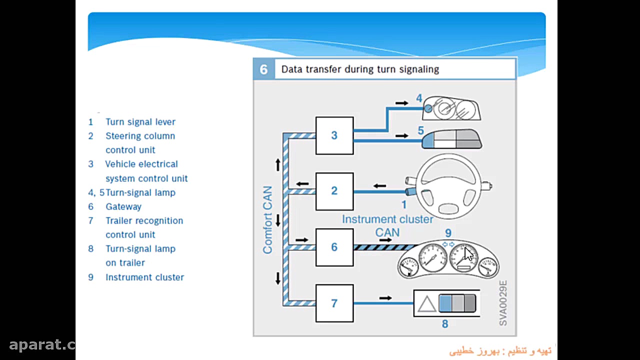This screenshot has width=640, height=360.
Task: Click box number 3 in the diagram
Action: [x=334, y=135]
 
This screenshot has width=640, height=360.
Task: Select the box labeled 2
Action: [x=334, y=191]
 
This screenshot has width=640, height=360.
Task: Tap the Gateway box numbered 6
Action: [x=334, y=247]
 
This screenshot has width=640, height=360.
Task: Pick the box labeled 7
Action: [x=334, y=303]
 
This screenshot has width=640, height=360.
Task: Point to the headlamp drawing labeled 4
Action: [x=451, y=108]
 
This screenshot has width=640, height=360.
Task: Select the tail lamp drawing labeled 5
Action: [x=452, y=139]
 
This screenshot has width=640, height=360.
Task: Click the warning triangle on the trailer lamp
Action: [x=427, y=304]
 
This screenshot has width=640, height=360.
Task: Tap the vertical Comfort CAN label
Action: [x=267, y=220]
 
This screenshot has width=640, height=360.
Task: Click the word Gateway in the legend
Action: [x=123, y=206]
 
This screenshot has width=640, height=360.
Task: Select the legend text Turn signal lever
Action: [x=140, y=122]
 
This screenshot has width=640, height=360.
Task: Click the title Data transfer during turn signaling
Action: [x=360, y=69]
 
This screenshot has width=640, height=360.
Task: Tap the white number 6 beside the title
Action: [x=263, y=69]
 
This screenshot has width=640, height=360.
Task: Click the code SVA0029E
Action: [x=503, y=303]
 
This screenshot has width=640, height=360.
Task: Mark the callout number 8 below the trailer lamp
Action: [x=445, y=323]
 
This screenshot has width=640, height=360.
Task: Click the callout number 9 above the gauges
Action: [x=448, y=233]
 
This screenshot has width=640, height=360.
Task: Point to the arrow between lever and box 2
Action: [x=379, y=186]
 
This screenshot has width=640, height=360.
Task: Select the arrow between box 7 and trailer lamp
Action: [x=385, y=298]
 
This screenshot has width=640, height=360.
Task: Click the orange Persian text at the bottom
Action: [x=500, y=351]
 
